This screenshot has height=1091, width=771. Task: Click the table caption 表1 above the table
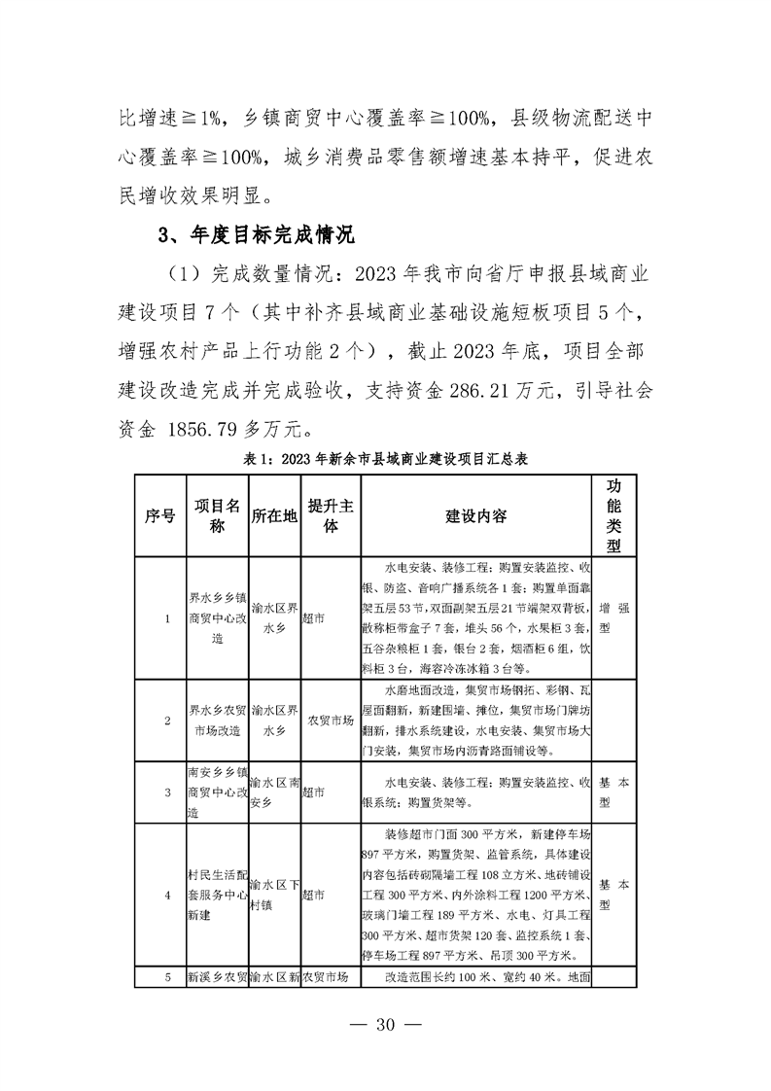click(385, 457)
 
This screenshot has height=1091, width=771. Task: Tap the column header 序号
click(161, 515)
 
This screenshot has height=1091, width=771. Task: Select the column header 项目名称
click(217, 515)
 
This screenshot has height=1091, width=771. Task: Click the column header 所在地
click(274, 515)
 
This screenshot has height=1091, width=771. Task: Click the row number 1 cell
click(167, 617)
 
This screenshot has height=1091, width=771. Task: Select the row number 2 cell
click(167, 721)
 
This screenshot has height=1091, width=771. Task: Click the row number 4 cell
click(167, 894)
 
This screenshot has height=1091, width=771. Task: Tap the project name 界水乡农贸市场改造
click(217, 721)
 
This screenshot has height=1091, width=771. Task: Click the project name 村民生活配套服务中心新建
click(217, 894)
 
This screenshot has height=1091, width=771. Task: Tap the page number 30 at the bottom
click(386, 1023)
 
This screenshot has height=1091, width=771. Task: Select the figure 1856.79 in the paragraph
click(233, 428)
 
